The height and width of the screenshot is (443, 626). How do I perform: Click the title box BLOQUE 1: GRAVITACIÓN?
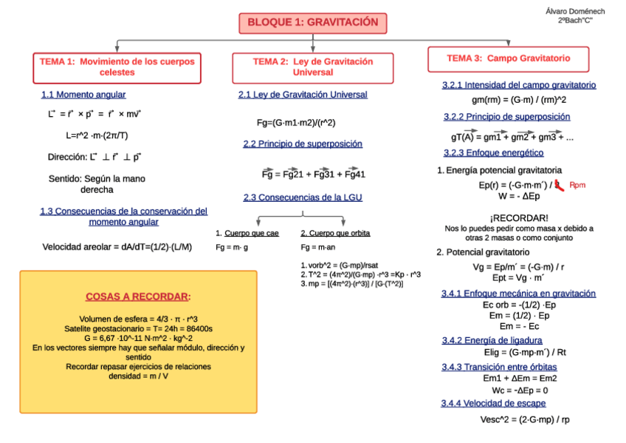[x=312, y=23]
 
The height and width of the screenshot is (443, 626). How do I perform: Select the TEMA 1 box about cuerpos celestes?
[x=117, y=67]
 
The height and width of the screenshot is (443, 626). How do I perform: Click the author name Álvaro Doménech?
[x=574, y=11]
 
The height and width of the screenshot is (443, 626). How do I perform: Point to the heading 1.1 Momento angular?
[x=83, y=95]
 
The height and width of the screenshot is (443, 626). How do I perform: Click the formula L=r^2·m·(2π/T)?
[x=97, y=135]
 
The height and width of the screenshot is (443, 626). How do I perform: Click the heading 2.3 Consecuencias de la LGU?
[x=303, y=197]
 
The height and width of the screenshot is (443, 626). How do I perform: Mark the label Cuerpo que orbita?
[x=335, y=233]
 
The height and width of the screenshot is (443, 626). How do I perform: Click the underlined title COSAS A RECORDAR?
[x=138, y=297]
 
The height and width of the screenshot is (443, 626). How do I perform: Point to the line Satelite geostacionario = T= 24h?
[x=138, y=328]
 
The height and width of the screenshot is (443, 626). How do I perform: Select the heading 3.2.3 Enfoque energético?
[x=493, y=153]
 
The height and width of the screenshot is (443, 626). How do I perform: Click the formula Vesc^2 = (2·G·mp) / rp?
[x=524, y=419]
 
